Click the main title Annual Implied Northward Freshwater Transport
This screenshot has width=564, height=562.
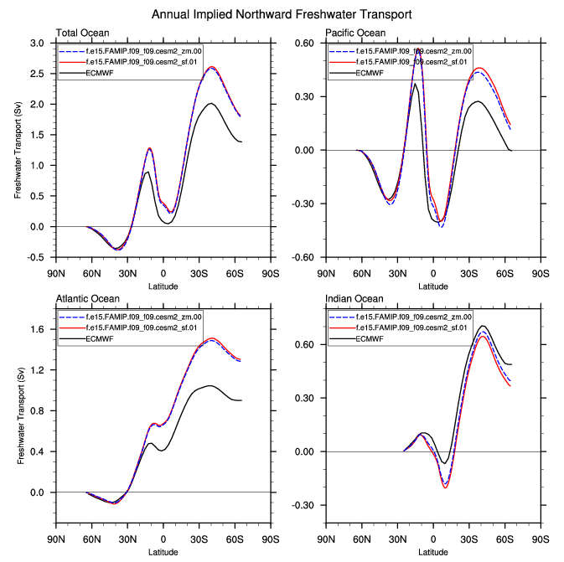[282, 15]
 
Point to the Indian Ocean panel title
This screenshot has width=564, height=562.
[354, 299]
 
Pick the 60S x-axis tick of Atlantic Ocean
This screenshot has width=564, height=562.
[235, 539]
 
